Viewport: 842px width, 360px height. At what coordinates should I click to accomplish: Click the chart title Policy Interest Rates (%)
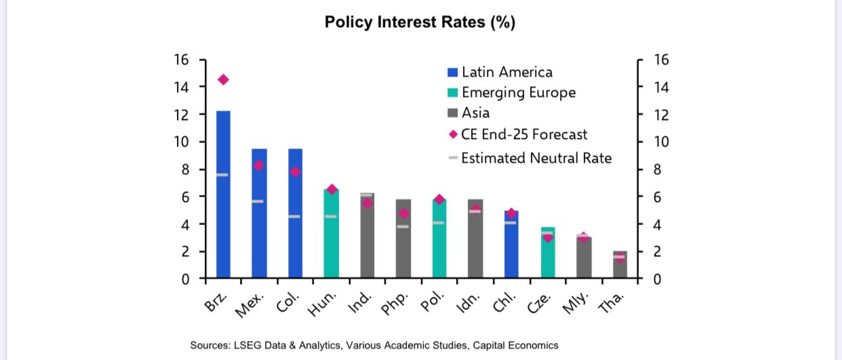[420, 22]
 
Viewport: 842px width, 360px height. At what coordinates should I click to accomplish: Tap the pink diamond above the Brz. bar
[223, 80]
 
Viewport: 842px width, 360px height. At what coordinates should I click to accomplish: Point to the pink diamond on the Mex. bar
[258, 165]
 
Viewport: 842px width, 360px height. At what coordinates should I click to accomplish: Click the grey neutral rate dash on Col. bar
[295, 216]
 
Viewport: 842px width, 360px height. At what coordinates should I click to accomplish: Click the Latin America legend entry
[506, 72]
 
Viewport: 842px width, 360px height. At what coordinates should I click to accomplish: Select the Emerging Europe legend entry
[518, 93]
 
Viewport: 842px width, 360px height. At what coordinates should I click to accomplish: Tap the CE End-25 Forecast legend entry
[523, 134]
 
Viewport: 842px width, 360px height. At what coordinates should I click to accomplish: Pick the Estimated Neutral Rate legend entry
[536, 158]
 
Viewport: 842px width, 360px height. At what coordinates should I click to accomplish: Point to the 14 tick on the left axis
[181, 87]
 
